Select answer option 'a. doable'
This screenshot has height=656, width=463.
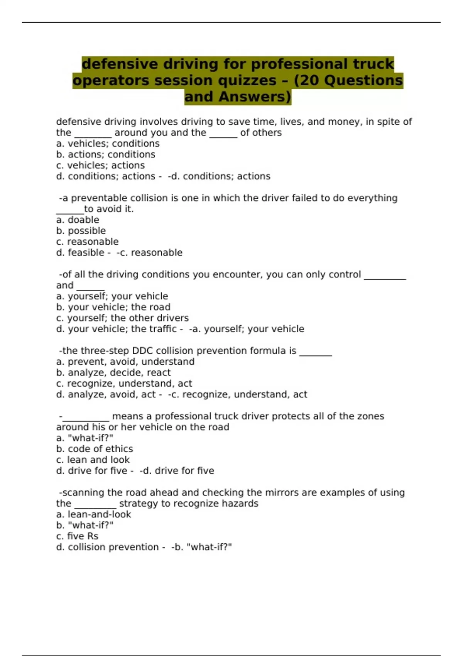point(78,220)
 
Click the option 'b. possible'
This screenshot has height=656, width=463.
point(81,231)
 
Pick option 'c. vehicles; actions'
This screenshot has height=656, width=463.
point(100,166)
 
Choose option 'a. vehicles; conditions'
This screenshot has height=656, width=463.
point(108,144)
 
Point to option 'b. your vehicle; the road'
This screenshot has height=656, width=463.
point(113,307)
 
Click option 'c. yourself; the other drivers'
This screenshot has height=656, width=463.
point(122,318)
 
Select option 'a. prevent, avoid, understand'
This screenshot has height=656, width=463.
point(125,362)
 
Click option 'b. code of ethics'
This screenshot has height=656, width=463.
point(95,449)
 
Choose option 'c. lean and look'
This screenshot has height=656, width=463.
point(93,460)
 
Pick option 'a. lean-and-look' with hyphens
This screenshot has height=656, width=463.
point(93,514)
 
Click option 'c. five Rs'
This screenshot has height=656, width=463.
point(77,536)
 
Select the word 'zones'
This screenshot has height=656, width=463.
point(370,416)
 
